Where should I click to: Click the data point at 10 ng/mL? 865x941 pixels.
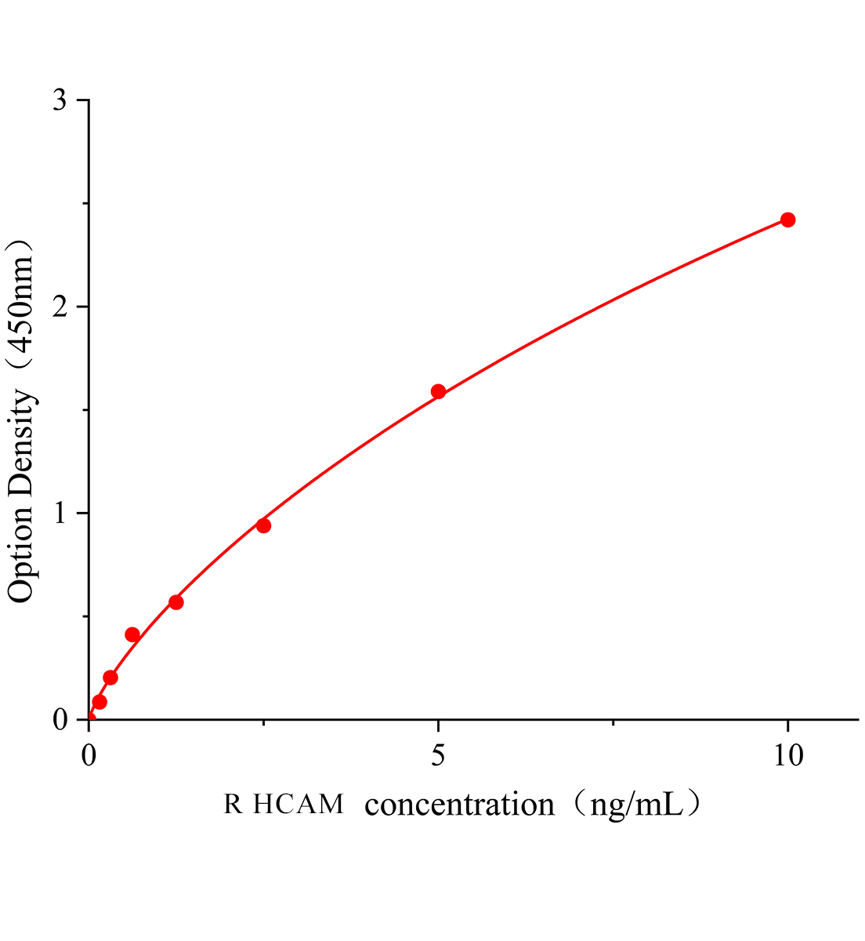click(x=787, y=220)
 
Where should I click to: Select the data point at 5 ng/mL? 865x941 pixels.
click(x=438, y=391)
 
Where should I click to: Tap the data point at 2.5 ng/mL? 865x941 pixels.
click(x=263, y=525)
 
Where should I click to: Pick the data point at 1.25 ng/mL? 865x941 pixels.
click(x=176, y=602)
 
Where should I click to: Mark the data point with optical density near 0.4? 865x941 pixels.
click(x=132, y=634)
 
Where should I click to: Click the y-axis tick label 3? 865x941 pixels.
click(x=60, y=101)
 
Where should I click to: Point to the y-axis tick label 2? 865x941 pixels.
click(x=60, y=307)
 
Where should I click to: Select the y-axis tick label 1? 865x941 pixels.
click(x=60, y=514)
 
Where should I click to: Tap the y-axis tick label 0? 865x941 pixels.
click(x=60, y=720)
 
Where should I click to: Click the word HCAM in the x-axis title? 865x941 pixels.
click(x=299, y=805)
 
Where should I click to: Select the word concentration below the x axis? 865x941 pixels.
click(x=459, y=805)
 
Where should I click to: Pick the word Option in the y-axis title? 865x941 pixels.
click(x=21, y=552)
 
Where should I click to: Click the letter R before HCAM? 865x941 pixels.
click(x=233, y=805)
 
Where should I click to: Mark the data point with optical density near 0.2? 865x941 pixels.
click(x=110, y=678)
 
